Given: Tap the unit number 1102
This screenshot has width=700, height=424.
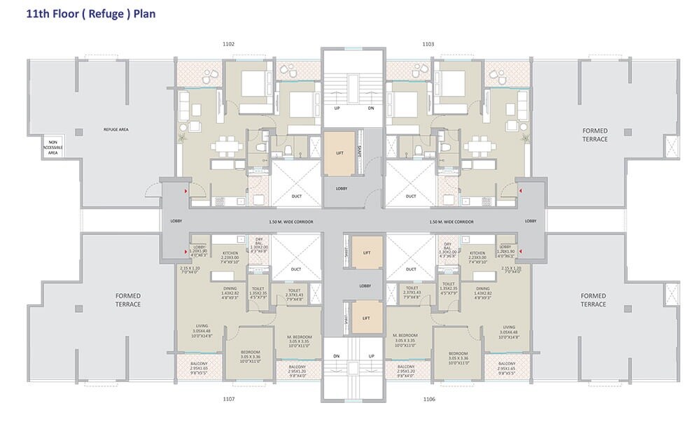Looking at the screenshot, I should point(229,44).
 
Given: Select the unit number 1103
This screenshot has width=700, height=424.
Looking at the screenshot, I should point(428,44).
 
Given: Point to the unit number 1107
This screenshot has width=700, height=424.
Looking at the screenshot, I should point(229,399).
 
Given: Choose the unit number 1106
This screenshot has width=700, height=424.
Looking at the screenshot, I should point(429,399).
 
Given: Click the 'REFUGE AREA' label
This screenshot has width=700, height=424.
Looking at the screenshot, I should point(116,129).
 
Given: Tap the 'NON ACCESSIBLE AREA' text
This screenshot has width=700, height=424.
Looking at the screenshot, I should point(53,146).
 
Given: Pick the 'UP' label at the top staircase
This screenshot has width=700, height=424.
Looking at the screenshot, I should point(337,108).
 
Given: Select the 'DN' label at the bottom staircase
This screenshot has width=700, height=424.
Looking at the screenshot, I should point(337,355).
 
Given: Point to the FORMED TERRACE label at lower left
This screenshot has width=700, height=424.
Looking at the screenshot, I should point(128,300).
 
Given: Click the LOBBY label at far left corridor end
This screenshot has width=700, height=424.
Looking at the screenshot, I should point(176,221).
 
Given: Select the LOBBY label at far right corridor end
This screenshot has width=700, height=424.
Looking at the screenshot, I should point(530,221).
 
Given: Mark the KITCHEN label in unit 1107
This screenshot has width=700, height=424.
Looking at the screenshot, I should point(231,253).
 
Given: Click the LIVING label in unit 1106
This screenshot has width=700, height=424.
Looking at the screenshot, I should point(509,327).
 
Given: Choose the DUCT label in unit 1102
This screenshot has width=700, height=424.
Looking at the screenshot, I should point(297,196).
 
